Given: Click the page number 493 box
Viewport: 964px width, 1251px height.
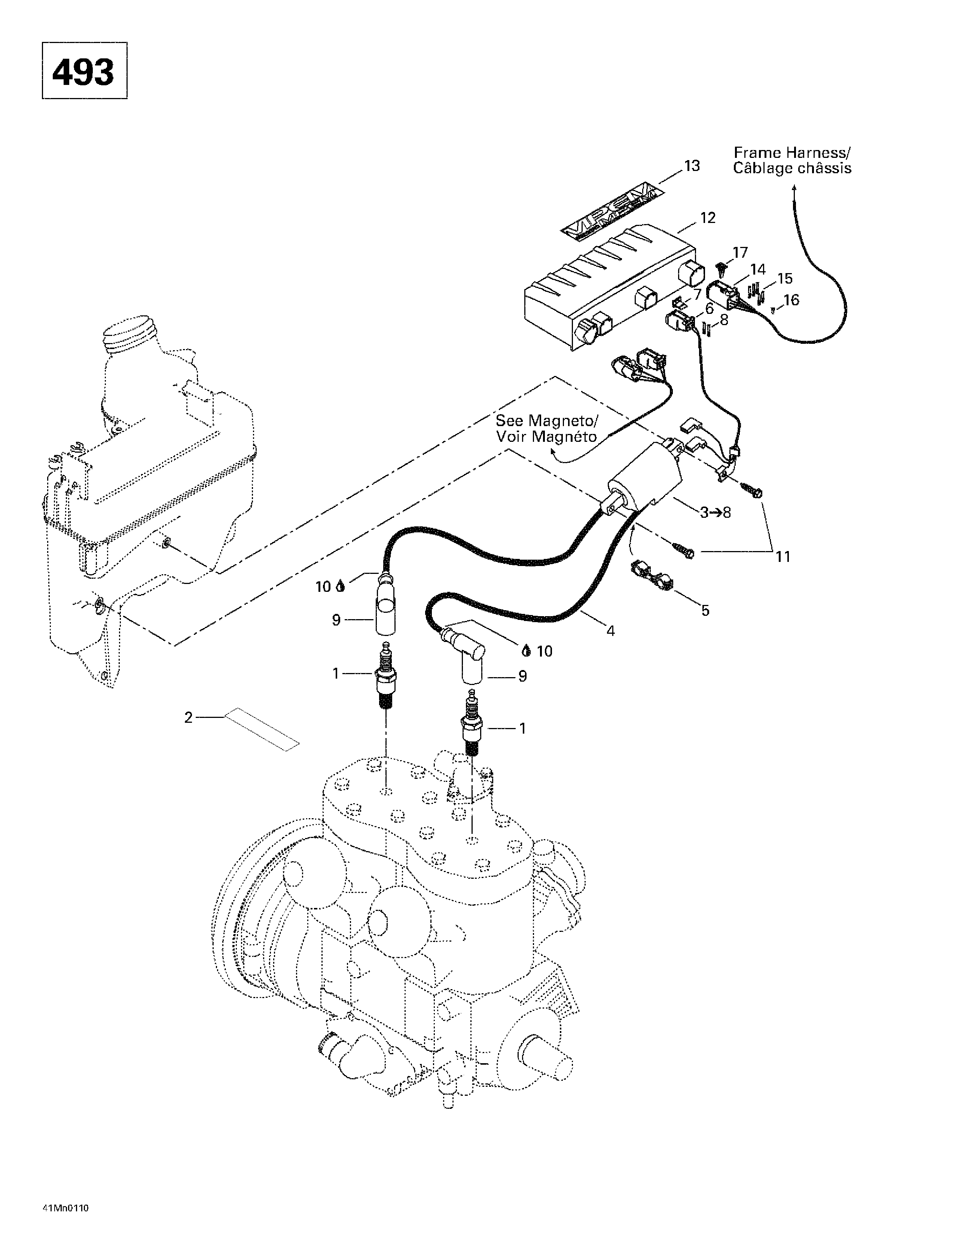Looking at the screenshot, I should tap(84, 70).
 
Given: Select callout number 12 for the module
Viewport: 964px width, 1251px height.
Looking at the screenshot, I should tap(708, 218).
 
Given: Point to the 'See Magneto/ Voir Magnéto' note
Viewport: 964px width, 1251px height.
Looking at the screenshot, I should tap(546, 428).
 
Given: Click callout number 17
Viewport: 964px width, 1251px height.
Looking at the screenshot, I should tap(740, 252).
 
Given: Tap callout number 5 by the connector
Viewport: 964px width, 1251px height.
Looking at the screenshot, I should tap(705, 610).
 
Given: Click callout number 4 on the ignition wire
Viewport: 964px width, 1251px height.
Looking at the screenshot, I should tap(610, 631).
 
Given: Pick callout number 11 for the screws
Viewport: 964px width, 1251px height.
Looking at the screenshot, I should tap(783, 556).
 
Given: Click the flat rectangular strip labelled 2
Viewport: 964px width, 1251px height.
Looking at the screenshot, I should tap(262, 729).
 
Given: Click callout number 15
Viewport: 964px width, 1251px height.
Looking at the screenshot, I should tap(785, 278).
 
